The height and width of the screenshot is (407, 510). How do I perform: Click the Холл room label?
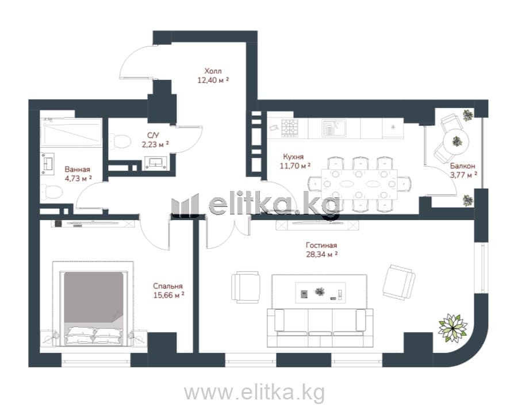pos(213,71)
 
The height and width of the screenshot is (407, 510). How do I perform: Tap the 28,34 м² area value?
pos(321,254)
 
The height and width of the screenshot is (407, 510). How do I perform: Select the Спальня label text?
pos(168,286)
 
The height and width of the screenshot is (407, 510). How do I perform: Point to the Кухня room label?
pos(293,157)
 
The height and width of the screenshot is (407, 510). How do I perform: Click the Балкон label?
pos(462,166)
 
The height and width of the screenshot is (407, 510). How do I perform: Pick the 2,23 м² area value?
pos(155,144)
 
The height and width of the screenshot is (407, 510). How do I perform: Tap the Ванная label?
pos(78,170)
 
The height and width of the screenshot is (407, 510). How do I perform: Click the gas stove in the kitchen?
pos(290,128)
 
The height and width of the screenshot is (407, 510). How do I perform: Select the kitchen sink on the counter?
pos(334,128)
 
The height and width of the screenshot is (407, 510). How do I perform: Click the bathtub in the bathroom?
pos(71,133)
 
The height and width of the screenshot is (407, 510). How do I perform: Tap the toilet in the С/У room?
pos(120,141)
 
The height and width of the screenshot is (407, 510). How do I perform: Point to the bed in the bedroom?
pos(94,307)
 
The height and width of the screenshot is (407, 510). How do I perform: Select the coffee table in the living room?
pos(320,293)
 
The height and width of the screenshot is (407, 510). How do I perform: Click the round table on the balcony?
pos(457,142)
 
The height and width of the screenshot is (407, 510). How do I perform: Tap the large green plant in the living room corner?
pos(453,328)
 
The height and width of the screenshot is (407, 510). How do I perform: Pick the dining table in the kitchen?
pos(359,184)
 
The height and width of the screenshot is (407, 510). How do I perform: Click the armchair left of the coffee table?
pos(246,287)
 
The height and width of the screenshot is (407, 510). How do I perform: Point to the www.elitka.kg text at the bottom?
pos(254,393)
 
